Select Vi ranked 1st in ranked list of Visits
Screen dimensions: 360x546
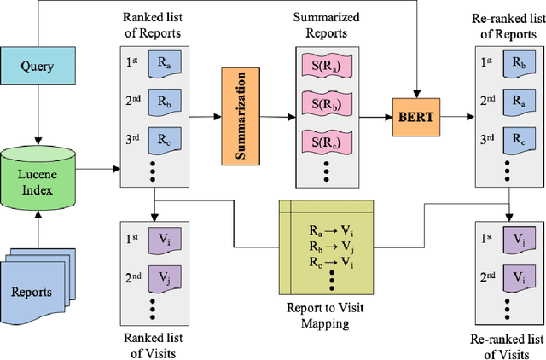pos(161,241)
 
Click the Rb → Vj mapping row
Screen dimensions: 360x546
pos(328,246)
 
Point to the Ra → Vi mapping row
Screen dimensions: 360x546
pos(328,231)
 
